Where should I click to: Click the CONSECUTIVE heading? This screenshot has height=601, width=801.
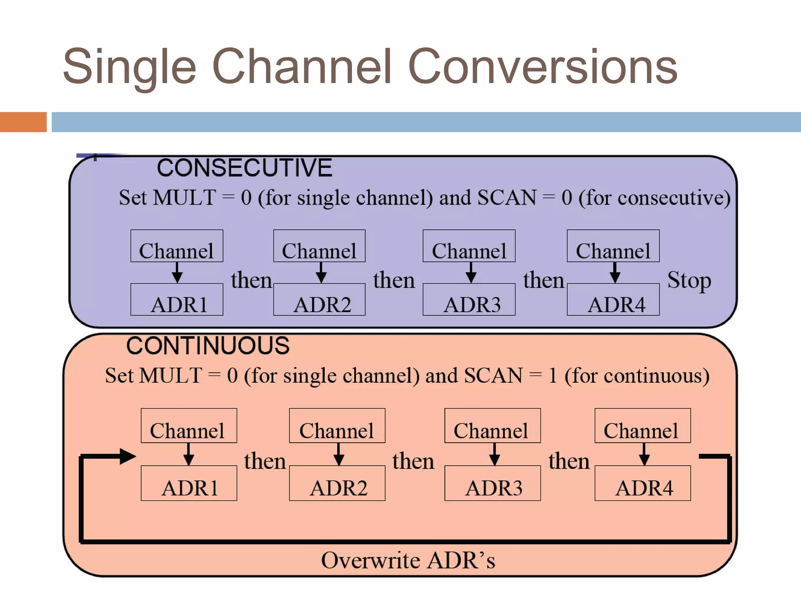point(244,168)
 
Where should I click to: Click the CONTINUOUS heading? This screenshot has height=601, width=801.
point(208,346)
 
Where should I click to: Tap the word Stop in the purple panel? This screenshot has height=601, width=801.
point(689,281)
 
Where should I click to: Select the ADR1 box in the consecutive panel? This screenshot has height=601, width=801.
point(177,300)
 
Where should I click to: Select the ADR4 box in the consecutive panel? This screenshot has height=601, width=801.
point(613,300)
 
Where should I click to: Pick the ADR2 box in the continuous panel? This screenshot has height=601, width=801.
point(337,483)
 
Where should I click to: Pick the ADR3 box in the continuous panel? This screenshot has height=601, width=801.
point(492,483)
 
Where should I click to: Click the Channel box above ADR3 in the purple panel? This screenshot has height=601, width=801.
point(469,246)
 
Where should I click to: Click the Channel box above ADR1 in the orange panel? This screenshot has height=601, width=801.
point(189,426)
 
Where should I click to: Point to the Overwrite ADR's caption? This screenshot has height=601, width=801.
point(408,560)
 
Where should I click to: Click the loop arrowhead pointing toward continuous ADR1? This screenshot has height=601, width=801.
point(127,456)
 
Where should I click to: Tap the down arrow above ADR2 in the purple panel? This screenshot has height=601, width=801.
point(321,273)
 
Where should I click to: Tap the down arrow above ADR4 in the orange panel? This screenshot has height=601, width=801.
point(644,455)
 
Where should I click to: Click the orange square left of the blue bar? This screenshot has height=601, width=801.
point(23,122)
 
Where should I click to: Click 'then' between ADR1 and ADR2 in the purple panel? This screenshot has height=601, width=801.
point(251,281)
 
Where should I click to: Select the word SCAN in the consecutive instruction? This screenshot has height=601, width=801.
point(506,198)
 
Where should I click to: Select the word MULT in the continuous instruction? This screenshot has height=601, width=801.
point(171,376)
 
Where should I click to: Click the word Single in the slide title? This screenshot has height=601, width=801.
point(129,67)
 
